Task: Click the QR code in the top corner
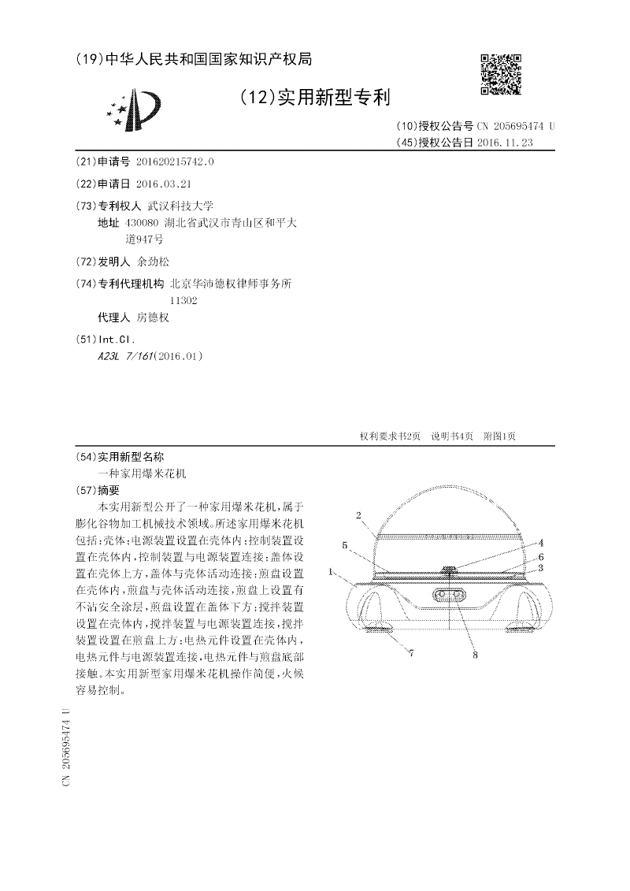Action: (x=501, y=75)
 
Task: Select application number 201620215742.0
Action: (x=175, y=161)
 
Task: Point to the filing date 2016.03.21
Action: (x=164, y=184)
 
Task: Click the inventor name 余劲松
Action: (x=153, y=262)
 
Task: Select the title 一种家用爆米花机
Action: (x=141, y=473)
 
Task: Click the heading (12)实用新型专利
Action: (x=314, y=98)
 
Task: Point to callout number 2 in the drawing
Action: (x=358, y=516)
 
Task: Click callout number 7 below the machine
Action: (x=410, y=652)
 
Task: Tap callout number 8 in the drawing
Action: (x=475, y=653)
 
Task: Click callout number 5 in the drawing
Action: (x=345, y=544)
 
